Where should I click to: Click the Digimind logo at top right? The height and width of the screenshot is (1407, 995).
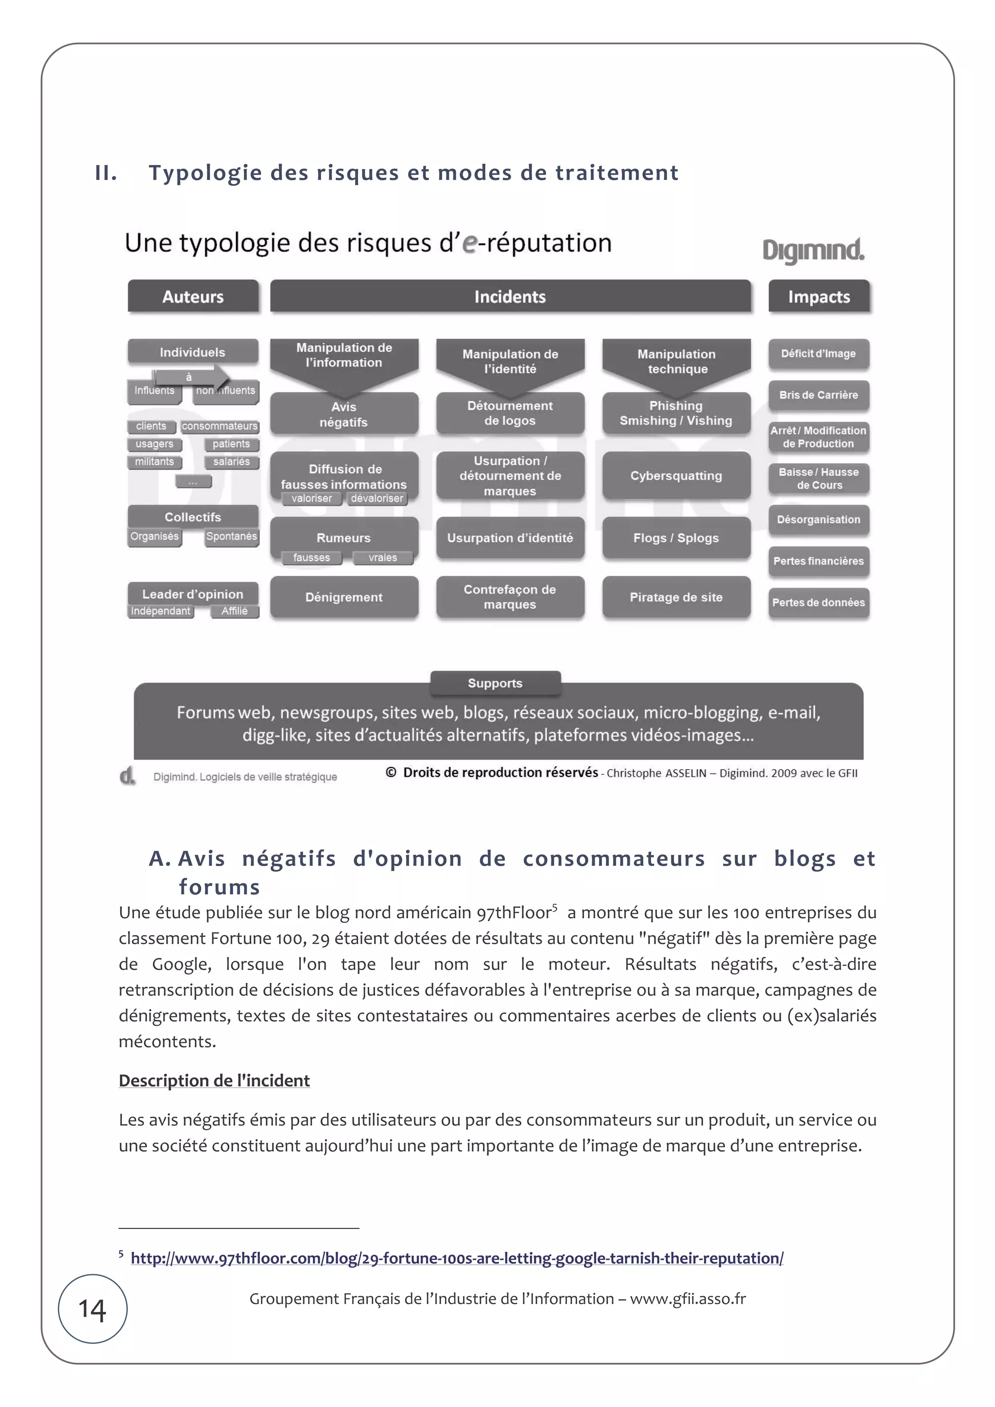(813, 251)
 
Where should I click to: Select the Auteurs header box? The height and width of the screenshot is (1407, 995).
(193, 297)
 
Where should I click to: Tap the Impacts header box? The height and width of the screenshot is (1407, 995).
(819, 297)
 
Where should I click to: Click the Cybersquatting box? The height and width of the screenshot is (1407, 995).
(676, 475)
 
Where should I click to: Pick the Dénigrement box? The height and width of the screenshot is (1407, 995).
(344, 597)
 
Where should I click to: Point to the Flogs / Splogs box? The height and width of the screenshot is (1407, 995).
(676, 537)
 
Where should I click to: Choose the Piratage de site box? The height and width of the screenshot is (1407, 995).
(676, 597)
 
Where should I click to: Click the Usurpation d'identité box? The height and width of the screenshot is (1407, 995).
(510, 537)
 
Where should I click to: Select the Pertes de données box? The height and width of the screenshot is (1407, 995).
(819, 603)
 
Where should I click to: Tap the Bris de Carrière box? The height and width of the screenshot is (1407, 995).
(819, 395)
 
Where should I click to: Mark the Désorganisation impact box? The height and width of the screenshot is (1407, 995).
(819, 519)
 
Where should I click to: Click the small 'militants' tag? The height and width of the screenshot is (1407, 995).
(154, 461)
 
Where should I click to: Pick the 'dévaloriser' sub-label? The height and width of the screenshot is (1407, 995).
(377, 498)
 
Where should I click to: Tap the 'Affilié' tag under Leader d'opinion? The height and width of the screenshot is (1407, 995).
(234, 611)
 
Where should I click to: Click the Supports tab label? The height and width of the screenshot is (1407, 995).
(496, 683)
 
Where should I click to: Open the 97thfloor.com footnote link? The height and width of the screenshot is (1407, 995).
(457, 1258)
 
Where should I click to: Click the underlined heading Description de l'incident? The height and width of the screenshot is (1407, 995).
(214, 1080)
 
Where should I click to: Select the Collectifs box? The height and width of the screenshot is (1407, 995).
(193, 517)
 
